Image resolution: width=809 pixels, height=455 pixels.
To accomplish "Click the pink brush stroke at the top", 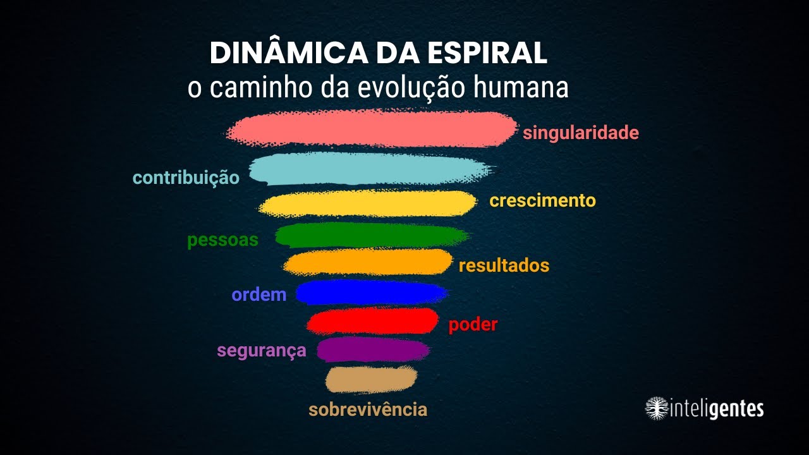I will pos(372,129).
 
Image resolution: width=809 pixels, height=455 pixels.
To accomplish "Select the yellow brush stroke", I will pos(368,203).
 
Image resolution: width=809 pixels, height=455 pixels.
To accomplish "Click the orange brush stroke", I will pos(368,262).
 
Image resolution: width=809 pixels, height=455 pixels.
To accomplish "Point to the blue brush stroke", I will pos(371,293).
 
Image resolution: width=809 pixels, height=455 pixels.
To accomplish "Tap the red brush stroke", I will pos(373,321).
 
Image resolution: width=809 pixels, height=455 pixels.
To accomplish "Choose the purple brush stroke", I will pos(373,349).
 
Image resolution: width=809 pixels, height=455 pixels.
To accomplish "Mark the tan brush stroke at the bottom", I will pos(371,379).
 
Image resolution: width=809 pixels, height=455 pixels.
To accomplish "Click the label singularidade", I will pos(580,133).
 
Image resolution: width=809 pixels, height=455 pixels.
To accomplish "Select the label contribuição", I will pos(186,178).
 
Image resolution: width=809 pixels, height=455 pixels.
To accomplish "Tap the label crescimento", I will pos(542,201).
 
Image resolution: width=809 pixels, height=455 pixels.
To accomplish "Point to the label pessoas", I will pos(222,241).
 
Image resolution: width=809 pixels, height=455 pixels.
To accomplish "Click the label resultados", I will pos(504,265).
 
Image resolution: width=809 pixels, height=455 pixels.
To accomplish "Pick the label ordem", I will pos(259,294).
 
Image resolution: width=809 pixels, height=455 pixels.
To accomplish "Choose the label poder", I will pos(473,325).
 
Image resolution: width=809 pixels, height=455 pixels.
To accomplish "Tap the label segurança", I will pos(261,351).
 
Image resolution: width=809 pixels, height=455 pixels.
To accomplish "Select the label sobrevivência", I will pos(368,409).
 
